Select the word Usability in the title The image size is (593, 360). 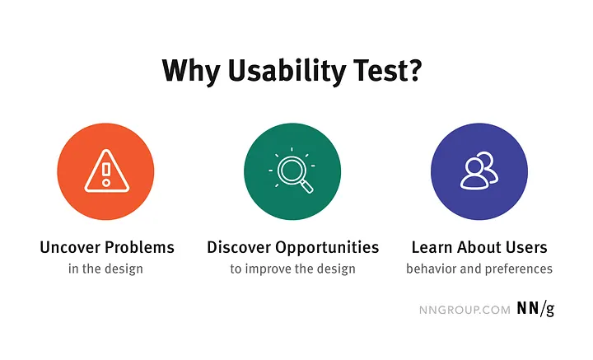tap(284, 70)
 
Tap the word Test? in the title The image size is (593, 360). tap(388, 70)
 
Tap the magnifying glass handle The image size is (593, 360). tap(306, 186)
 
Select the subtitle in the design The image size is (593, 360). tap(107, 269)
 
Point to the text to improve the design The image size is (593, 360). tap(292, 269)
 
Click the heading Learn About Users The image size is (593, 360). tap(479, 247)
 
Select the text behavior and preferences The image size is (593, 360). tap(479, 269)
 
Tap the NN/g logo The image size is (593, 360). tap(535, 310)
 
